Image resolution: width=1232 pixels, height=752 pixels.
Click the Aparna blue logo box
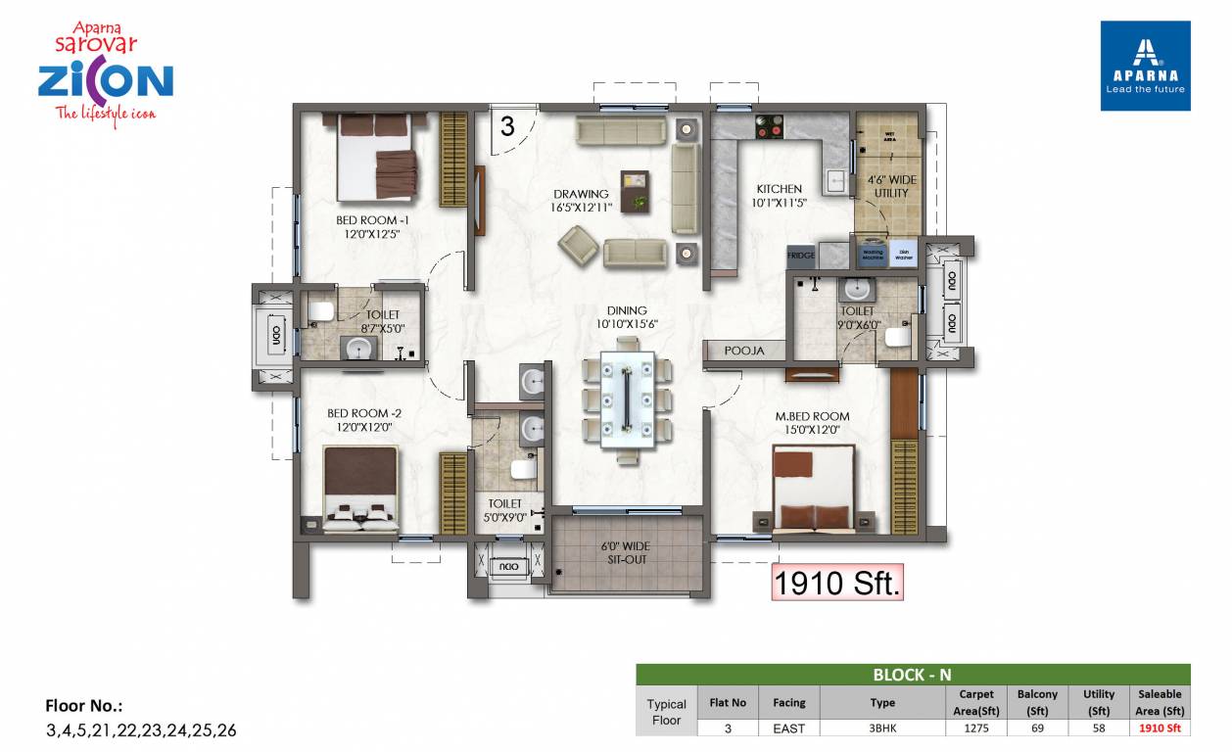click(x=1145, y=65)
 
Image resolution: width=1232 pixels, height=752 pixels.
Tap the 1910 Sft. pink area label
click(x=836, y=583)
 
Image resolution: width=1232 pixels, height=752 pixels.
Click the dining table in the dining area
click(x=627, y=397)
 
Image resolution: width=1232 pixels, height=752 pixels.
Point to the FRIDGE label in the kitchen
click(x=800, y=255)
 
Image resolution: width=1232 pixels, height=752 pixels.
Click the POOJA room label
click(x=744, y=350)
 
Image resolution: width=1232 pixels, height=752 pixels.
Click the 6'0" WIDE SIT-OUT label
click(x=625, y=553)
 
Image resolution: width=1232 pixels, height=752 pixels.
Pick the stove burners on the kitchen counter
click(x=771, y=125)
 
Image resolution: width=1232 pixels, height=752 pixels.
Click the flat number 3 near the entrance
click(x=506, y=126)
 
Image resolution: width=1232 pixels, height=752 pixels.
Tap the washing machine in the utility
click(x=872, y=253)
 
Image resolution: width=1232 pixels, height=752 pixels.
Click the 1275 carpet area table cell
click(x=975, y=728)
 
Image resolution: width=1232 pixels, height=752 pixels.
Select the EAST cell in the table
click(x=788, y=728)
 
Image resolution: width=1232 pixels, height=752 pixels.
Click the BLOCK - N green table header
click(x=912, y=674)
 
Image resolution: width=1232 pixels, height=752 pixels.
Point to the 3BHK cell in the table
click(x=881, y=728)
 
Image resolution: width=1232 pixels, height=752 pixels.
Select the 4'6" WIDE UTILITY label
click(x=891, y=187)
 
